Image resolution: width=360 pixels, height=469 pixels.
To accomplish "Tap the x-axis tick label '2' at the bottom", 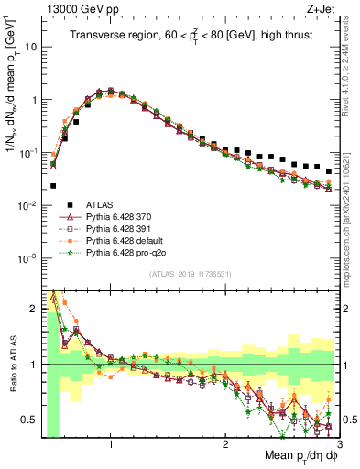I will pos(224,442).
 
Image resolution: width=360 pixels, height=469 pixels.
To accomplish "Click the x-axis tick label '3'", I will pos(338,442).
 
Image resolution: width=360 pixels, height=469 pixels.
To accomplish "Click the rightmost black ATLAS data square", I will pos(330,170).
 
